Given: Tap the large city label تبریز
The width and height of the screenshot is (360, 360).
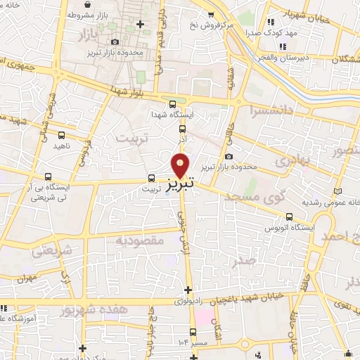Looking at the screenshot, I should point(181,184).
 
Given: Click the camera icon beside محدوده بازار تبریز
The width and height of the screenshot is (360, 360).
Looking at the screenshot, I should point(229,157).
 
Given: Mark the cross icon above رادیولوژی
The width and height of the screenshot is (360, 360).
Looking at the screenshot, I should point(188,290).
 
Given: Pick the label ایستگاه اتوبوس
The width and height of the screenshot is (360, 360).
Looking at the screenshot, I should point(288,229).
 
